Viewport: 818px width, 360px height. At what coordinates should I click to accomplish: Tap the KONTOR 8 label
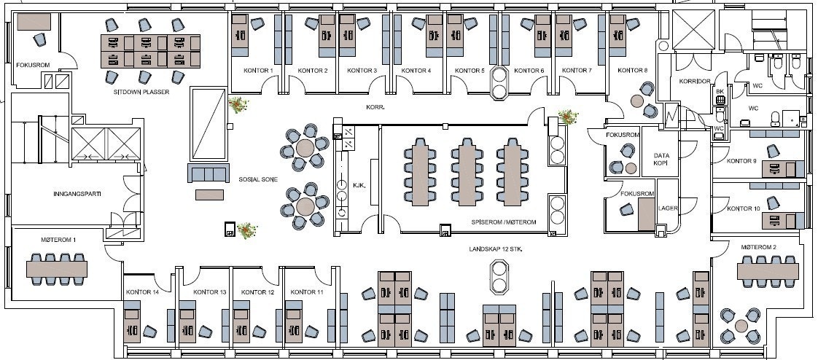pos(632,71)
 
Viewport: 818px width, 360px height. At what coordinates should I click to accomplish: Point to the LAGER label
pos(668,208)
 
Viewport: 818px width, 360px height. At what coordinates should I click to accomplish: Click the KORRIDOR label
pos(694,81)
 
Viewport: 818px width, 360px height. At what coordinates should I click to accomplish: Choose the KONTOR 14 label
pos(143,292)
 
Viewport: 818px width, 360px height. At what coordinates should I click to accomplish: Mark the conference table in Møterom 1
pos(58,268)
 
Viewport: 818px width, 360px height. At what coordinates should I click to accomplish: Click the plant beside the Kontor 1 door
pos(238,106)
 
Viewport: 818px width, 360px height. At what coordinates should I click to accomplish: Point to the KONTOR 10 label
pos(744,209)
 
